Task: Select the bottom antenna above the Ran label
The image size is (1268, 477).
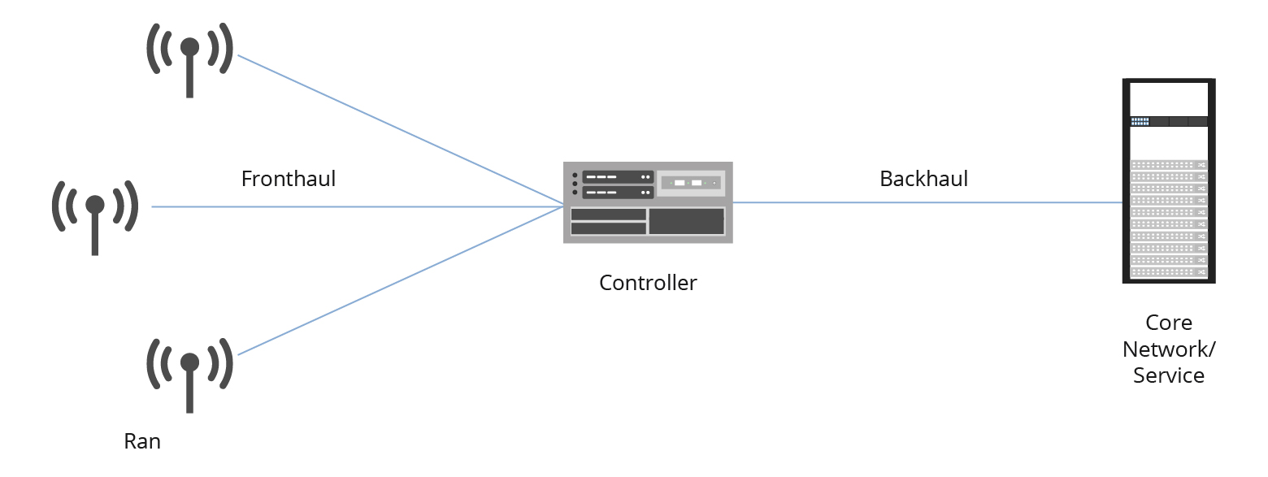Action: click(189, 375)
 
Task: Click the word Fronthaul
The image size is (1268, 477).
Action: click(288, 179)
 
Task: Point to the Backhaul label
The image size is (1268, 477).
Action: click(923, 179)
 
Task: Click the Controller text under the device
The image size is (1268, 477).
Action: click(648, 283)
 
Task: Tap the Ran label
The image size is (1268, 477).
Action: click(142, 441)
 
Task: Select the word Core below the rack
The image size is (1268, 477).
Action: click(1168, 323)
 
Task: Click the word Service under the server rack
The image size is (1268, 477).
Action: click(1168, 375)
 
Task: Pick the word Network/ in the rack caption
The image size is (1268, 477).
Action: click(1168, 349)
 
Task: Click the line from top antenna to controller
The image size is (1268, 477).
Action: click(398, 130)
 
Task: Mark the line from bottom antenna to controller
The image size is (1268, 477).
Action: click(398, 280)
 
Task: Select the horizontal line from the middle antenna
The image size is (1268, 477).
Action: click(358, 206)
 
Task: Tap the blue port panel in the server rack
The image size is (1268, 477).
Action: click(1140, 122)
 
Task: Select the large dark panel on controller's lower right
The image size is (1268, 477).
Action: click(686, 221)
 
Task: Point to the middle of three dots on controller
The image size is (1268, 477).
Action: click(575, 184)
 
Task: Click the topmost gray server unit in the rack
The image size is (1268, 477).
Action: click(1168, 165)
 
